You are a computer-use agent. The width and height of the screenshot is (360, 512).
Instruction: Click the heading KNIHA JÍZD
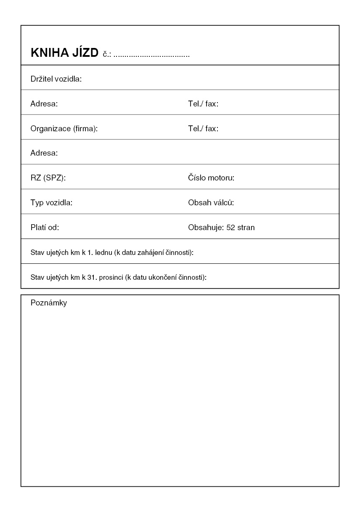click(64, 53)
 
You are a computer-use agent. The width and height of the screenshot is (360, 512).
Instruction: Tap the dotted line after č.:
click(151, 55)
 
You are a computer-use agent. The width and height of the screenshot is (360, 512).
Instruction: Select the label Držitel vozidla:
click(56, 79)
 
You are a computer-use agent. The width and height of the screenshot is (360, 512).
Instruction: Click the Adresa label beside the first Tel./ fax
click(44, 104)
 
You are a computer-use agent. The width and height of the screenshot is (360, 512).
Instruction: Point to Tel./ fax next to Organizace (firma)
click(203, 129)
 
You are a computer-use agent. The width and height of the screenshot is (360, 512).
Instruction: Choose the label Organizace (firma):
click(64, 129)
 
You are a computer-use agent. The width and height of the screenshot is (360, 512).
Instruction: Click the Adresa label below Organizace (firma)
click(44, 153)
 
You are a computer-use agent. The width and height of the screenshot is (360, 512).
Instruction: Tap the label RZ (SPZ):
click(48, 178)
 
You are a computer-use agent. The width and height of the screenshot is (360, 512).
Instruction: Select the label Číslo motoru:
click(211, 178)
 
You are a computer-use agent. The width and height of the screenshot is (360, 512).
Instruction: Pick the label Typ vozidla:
click(51, 203)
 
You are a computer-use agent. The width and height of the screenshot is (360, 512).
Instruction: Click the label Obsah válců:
click(211, 203)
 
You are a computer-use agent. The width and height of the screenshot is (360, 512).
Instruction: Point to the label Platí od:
click(45, 228)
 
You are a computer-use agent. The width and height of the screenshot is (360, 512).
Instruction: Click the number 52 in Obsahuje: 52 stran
click(230, 228)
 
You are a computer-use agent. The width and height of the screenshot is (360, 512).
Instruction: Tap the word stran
click(246, 228)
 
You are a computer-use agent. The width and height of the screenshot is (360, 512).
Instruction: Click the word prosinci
click(111, 278)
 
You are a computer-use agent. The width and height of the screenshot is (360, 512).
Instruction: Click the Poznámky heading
click(49, 303)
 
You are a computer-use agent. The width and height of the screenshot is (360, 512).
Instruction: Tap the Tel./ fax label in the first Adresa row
click(203, 104)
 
